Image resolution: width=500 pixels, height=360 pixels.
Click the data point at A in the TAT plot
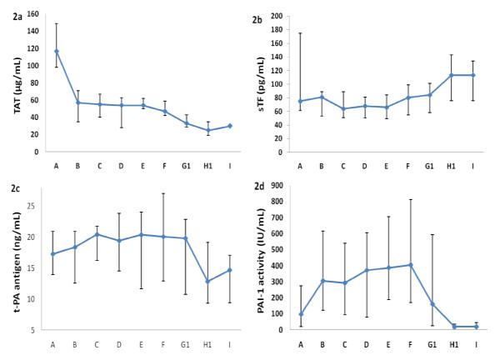[57, 51]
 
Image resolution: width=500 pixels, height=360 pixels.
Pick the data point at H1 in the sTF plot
[452, 75]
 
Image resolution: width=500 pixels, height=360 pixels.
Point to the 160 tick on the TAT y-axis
[32, 15]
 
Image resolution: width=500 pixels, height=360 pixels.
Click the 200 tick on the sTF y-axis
[287, 16]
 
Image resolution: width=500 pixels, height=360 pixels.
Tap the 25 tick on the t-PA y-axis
[31, 205]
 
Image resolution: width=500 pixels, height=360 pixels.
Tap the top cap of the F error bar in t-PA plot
[162, 193]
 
